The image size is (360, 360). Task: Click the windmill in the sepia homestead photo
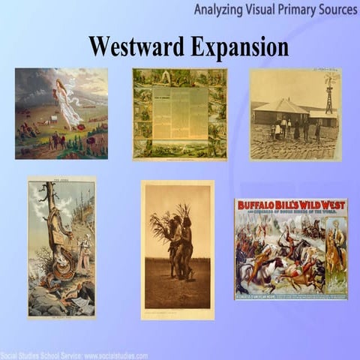point(329,94)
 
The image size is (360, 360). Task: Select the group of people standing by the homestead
point(292,128)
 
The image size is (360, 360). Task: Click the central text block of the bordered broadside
point(179,112)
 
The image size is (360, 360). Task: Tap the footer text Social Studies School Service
point(45,355)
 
